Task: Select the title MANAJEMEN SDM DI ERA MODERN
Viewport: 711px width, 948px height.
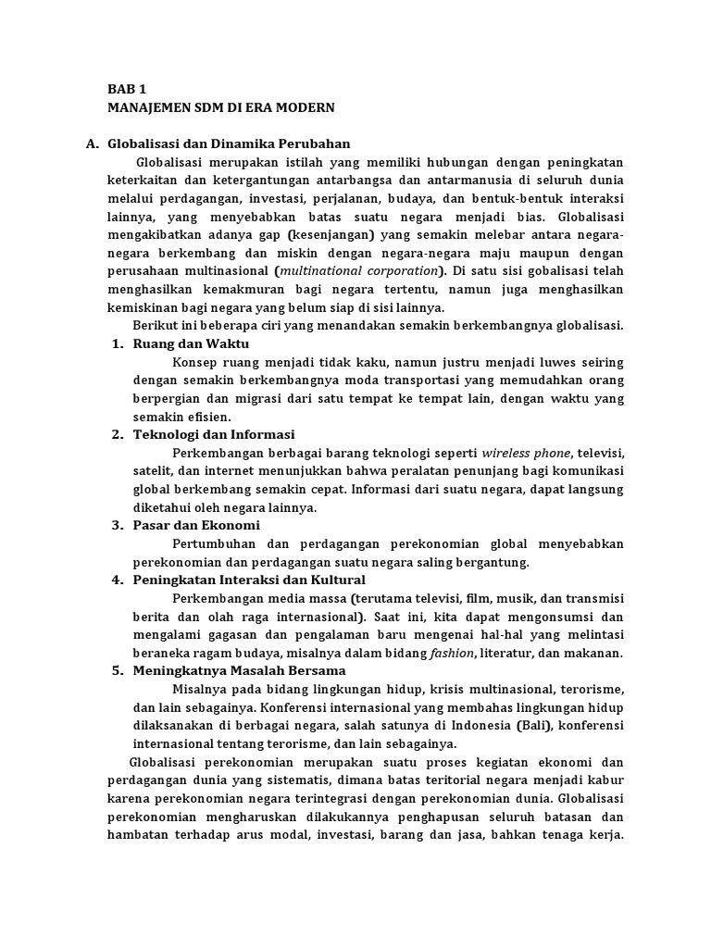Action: [x=220, y=107]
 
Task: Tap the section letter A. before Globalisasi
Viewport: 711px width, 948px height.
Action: [x=92, y=143]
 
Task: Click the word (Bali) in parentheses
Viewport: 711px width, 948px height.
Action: [x=532, y=725]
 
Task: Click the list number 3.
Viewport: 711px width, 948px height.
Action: [x=118, y=525]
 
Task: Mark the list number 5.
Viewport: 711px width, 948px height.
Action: [x=118, y=670]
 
